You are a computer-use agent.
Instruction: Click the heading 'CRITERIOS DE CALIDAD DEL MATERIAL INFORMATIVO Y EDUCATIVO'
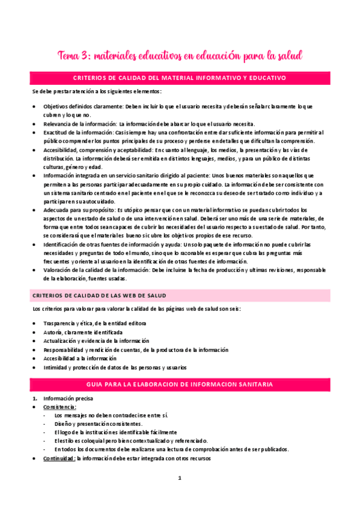coord(180,78)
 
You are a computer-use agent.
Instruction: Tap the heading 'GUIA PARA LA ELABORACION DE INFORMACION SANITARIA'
coord(180,383)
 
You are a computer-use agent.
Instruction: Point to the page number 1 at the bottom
coord(180,478)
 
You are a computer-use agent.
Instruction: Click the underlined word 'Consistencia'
coord(59,407)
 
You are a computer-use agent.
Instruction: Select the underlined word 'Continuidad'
coord(59,458)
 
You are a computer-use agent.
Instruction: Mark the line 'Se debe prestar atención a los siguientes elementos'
coord(97,92)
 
